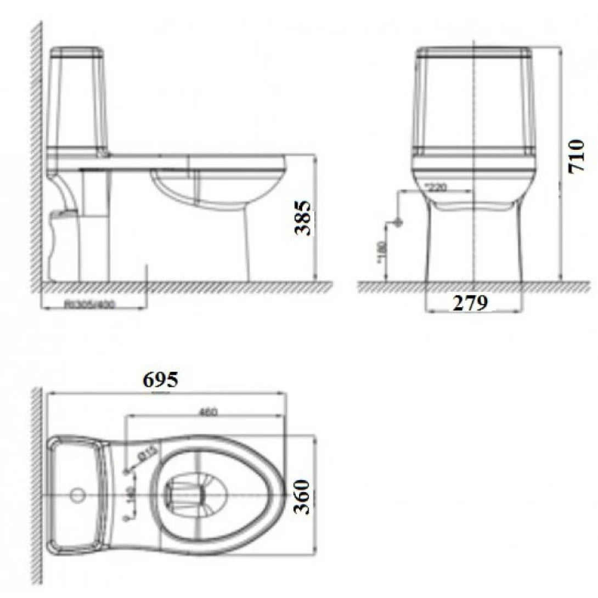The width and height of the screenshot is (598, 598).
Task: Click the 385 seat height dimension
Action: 304,218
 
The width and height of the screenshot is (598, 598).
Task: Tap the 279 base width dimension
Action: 470,302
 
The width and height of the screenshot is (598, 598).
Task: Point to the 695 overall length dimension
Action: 160,379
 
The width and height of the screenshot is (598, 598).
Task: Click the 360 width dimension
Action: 302,497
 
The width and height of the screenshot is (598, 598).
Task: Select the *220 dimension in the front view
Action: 436,187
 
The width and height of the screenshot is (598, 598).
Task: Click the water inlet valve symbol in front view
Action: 398,223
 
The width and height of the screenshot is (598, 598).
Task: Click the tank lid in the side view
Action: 77,53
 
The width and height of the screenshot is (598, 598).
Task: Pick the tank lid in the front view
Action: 473,53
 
